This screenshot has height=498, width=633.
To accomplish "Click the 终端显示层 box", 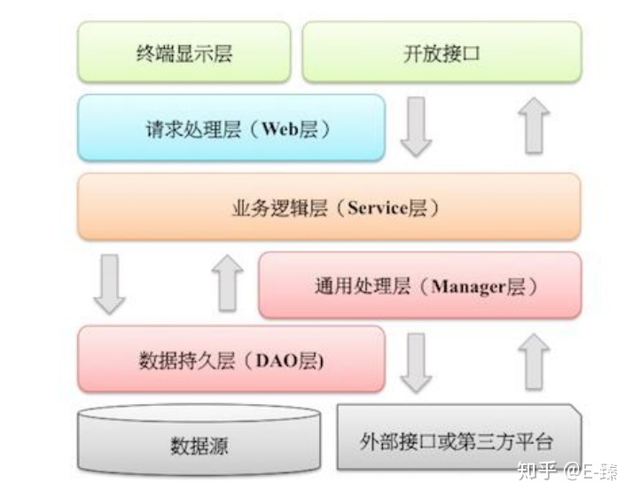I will (x=184, y=51).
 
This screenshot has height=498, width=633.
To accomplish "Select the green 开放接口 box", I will (x=442, y=51).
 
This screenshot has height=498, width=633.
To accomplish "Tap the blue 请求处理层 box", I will (x=231, y=128).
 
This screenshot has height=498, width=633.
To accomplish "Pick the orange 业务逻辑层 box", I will (x=329, y=206).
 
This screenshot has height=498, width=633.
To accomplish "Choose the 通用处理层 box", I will (x=419, y=284).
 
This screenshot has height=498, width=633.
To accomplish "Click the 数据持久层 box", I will (x=231, y=359).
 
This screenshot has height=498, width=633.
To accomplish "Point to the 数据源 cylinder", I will (x=199, y=441).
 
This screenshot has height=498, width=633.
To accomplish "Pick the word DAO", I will (x=277, y=360).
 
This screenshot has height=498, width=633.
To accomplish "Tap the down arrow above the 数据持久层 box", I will (x=109, y=284).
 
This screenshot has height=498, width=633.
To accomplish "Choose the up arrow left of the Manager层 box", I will (x=228, y=284).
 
